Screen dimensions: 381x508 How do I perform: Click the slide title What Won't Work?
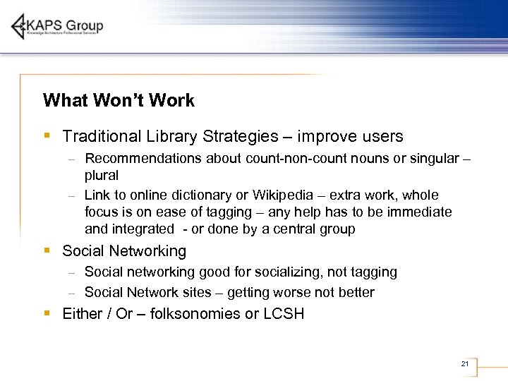coord(119,100)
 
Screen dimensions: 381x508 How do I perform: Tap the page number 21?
coord(464,363)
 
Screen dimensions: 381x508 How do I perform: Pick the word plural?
coord(102,175)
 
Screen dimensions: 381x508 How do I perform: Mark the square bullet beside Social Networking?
coord(46,250)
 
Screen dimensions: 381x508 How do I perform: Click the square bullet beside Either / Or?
coord(46,313)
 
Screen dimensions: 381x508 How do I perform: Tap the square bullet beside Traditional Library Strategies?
coord(46,135)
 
